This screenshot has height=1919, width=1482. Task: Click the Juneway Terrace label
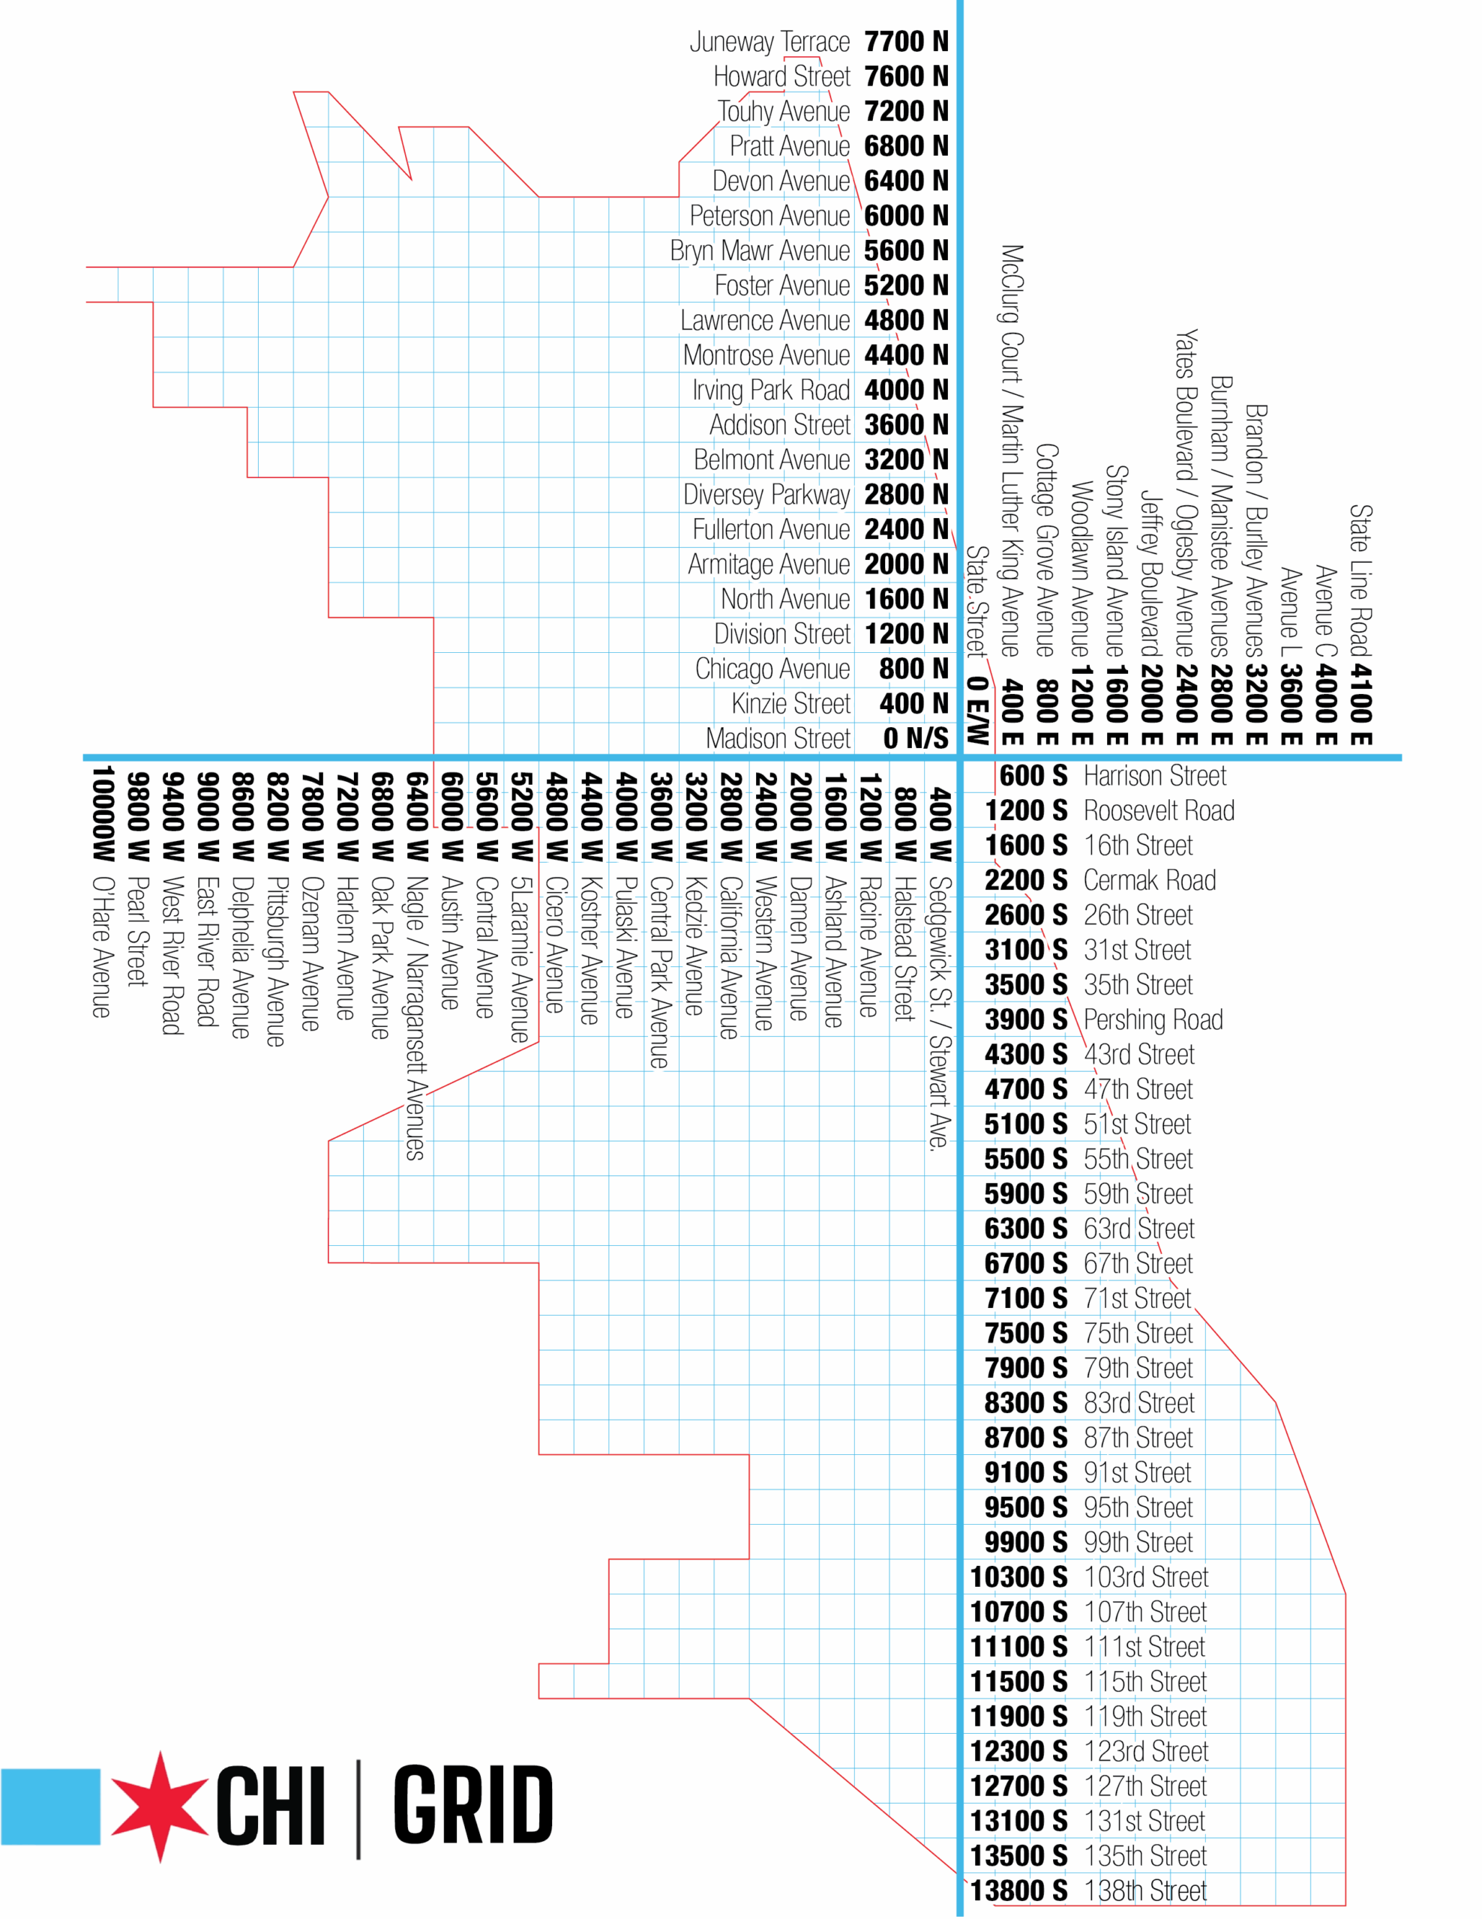tap(769, 41)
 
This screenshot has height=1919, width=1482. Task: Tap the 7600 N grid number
tap(905, 76)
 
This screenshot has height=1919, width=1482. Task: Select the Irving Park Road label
tap(770, 390)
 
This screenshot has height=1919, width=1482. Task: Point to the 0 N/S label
tap(915, 738)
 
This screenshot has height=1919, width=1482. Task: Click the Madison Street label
tap(777, 738)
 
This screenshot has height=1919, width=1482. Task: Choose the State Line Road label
tap(1360, 580)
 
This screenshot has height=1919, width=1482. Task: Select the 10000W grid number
tap(103, 813)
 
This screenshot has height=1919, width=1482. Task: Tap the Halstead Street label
tap(904, 948)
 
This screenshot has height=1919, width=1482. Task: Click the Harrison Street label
tap(1154, 776)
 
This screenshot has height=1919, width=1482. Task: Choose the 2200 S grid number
tap(1025, 881)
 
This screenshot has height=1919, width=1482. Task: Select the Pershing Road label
tap(1152, 1019)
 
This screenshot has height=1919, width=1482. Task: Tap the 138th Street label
tap(1145, 1891)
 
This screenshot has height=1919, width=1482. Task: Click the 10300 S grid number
tap(1018, 1577)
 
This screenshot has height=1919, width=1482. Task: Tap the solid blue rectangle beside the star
tap(50, 1807)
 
